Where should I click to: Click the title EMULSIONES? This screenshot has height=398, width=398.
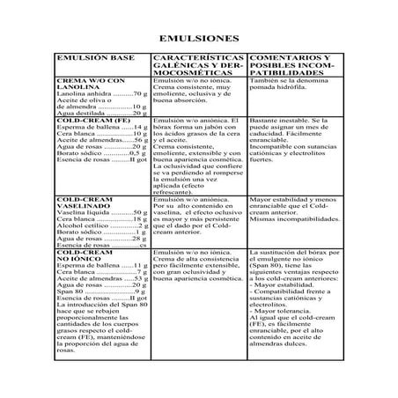(x=198, y=40)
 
